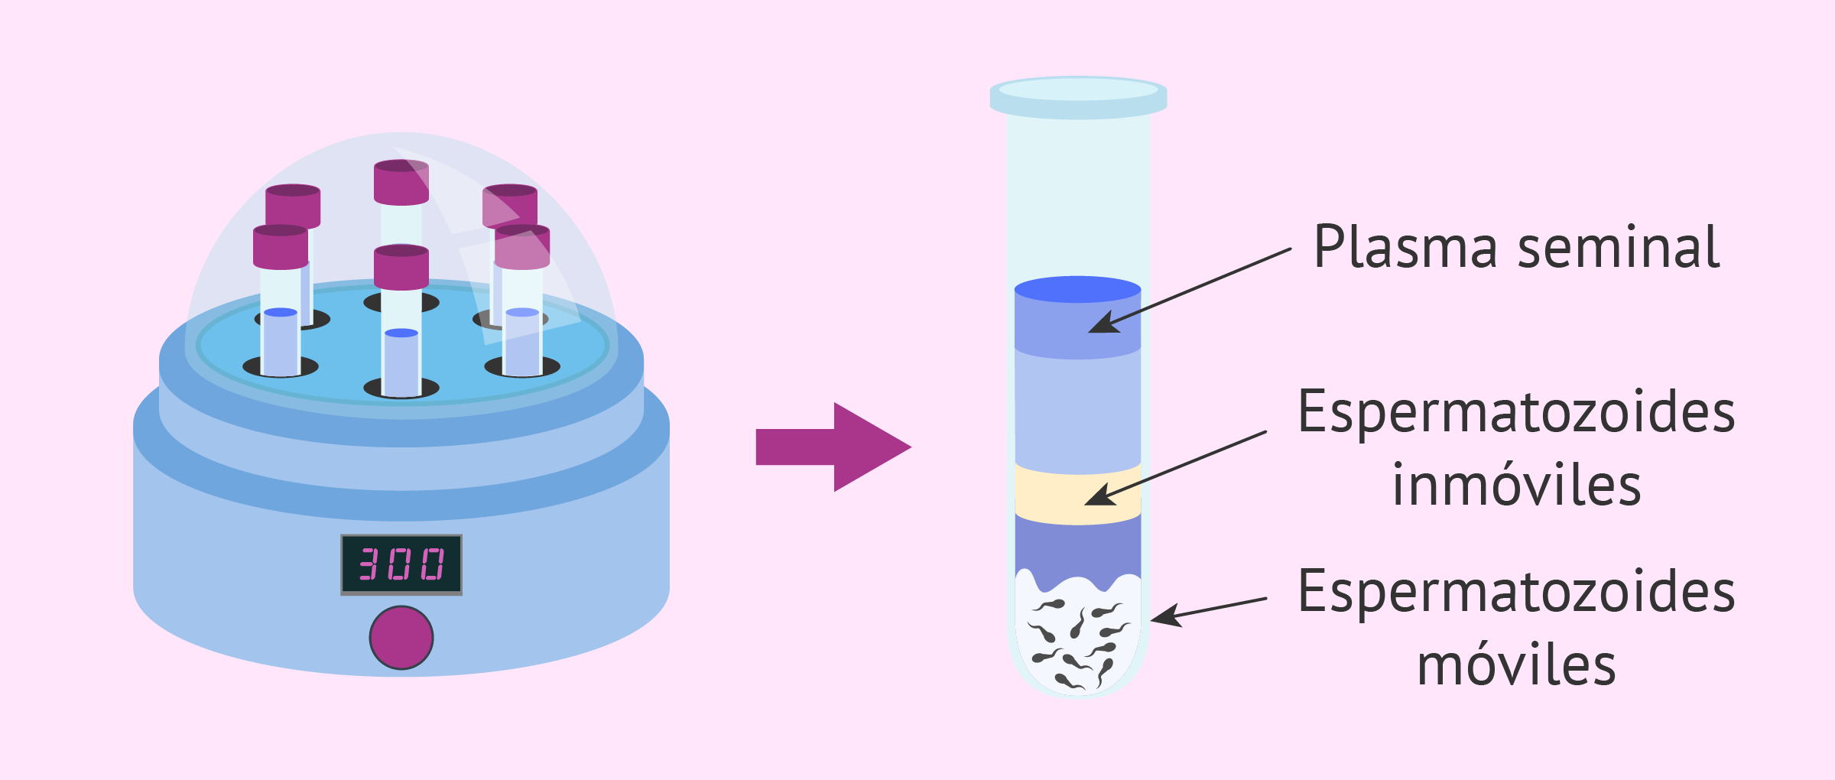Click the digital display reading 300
(401, 564)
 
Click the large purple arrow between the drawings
(833, 447)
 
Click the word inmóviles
(1516, 486)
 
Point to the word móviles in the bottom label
(1516, 665)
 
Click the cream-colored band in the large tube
(1077, 496)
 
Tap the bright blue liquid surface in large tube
(1077, 290)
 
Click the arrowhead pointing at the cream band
(1099, 496)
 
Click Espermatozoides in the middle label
(1516, 413)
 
